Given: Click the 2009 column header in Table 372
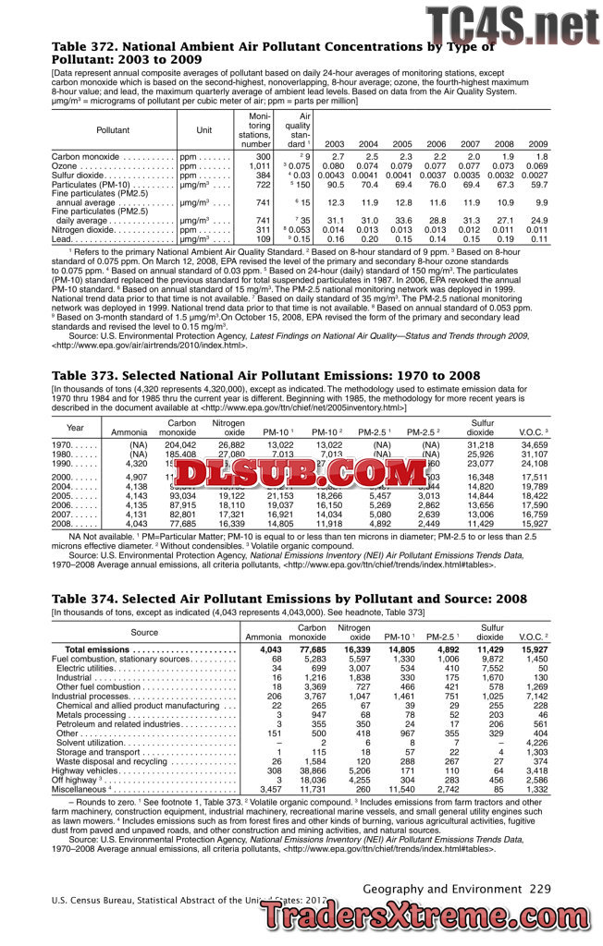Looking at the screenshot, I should coord(537,144).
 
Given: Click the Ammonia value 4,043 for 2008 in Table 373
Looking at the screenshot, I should coord(134,524).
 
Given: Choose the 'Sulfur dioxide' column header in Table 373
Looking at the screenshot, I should coord(480,427).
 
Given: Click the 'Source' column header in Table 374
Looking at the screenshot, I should coord(144,632).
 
